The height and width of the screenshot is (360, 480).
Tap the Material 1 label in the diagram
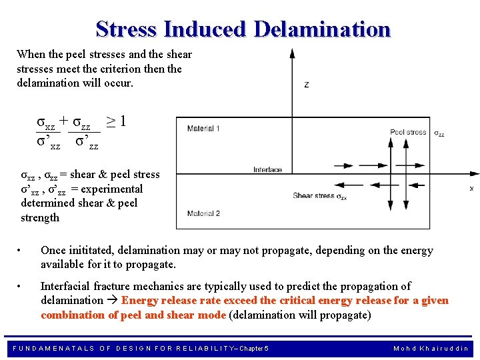tap(203, 128)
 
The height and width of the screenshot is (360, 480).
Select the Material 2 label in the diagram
tap(203, 213)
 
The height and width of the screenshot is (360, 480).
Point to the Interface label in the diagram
tap(268, 170)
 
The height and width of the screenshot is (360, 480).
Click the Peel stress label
tap(408, 133)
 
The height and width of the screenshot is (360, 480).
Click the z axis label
tap(306, 85)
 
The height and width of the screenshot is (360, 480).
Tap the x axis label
tap(471, 189)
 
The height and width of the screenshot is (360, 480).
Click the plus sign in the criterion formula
tap(63, 121)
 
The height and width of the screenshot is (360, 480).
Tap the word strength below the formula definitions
tap(40, 217)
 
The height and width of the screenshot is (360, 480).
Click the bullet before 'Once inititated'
tap(23, 251)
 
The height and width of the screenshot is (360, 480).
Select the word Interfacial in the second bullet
tap(69, 286)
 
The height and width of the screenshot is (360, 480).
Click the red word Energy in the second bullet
tap(140, 301)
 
